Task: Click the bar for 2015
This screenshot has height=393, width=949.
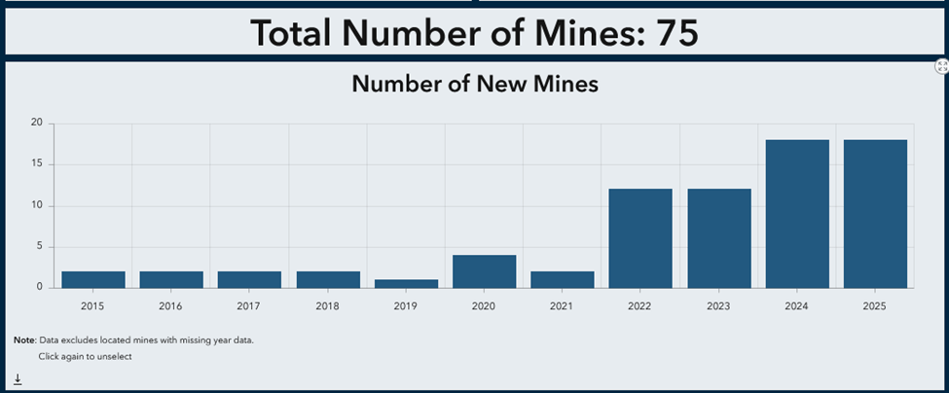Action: click(93, 279)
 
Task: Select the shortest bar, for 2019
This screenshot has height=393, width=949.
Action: click(406, 283)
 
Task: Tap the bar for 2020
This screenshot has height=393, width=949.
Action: click(485, 270)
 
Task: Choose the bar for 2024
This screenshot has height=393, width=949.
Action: click(797, 214)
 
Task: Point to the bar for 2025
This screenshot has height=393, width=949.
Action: click(875, 214)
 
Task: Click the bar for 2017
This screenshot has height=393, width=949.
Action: click(249, 279)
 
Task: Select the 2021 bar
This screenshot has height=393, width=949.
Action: click(563, 279)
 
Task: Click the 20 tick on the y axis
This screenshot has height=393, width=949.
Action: click(36, 124)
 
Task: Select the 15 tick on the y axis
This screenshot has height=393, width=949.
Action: click(36, 164)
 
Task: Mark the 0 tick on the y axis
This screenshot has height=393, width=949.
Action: click(39, 287)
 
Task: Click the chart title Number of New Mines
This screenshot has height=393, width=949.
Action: click(475, 85)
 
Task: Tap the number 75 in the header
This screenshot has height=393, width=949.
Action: click(677, 33)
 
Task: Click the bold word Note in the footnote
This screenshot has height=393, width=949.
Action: click(24, 340)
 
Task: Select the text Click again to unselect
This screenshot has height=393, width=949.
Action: click(85, 356)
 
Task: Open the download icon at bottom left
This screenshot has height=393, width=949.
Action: click(18, 379)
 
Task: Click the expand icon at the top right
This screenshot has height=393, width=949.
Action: click(941, 66)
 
